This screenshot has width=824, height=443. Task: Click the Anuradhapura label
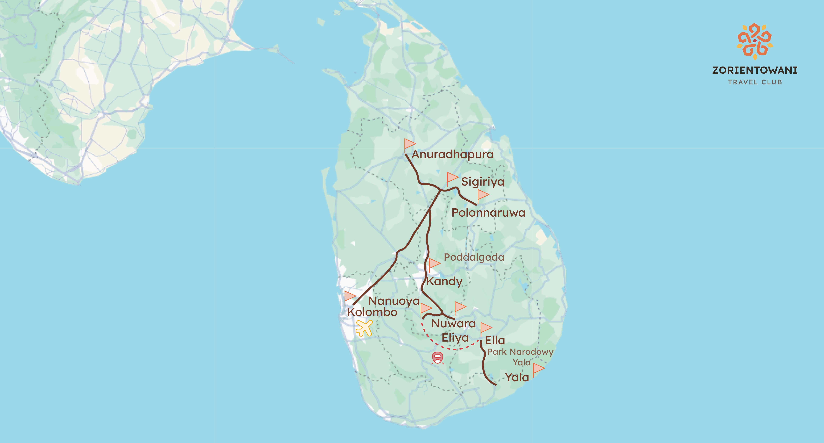tap(452, 155)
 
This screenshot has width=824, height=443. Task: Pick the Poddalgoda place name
tap(474, 257)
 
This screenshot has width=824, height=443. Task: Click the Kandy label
tap(444, 281)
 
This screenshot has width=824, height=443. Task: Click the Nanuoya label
tap(394, 301)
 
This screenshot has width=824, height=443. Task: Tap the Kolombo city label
tap(372, 312)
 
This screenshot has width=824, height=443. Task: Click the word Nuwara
tap(453, 323)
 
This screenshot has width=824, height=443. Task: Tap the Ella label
tap(495, 340)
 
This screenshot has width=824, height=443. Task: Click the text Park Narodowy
tap(520, 352)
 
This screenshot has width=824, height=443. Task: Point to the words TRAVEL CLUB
tap(755, 82)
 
